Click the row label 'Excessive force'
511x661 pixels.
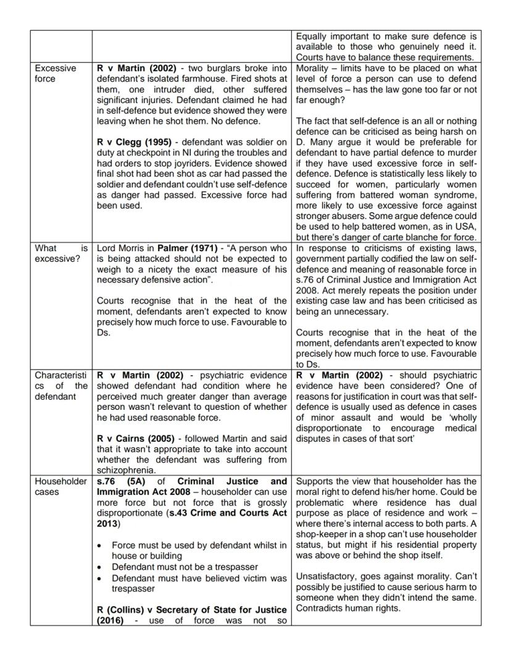[x=55, y=73]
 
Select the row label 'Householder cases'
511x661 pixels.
[x=60, y=486]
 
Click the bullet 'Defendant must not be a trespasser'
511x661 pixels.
[x=185, y=567]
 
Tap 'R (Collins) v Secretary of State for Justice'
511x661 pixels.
[x=192, y=611]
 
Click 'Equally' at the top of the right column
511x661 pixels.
[x=312, y=36]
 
